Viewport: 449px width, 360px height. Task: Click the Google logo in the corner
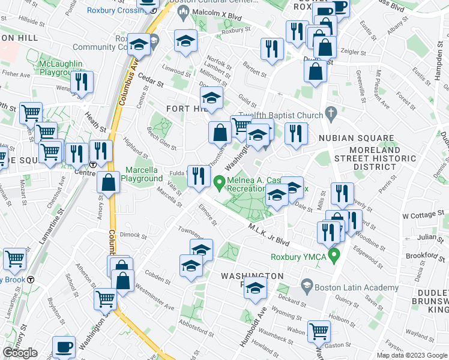click(20, 353)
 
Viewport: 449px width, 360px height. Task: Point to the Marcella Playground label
click(143, 174)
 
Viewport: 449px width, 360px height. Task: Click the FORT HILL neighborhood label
click(183, 108)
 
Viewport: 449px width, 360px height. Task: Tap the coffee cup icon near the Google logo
click(64, 346)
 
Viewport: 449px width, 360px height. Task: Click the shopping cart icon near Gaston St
click(319, 330)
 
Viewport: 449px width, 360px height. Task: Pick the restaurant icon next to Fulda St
click(199, 175)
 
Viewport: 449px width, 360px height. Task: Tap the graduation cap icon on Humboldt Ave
click(256, 289)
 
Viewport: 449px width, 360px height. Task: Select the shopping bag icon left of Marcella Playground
click(109, 182)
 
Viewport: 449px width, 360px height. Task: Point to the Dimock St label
click(133, 235)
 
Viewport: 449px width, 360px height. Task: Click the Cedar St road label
click(151, 84)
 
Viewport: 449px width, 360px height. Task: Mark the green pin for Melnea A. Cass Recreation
click(220, 180)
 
